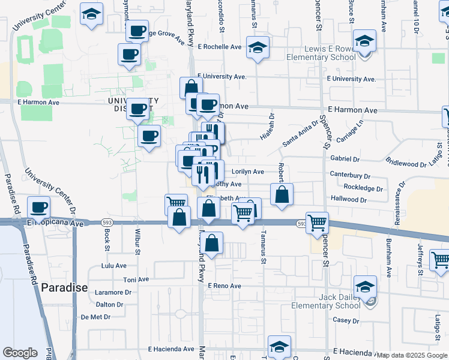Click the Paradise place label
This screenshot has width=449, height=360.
(x=64, y=287)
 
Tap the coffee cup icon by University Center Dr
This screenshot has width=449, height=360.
(x=40, y=208)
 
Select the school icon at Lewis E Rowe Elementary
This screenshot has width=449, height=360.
(x=364, y=42)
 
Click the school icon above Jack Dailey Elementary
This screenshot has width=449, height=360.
(x=364, y=287)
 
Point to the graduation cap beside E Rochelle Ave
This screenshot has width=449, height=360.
(x=257, y=47)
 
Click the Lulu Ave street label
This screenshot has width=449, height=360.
(x=114, y=265)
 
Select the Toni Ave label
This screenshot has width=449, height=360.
(x=136, y=280)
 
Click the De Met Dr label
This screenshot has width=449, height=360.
(x=97, y=316)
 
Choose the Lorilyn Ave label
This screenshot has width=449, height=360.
(x=247, y=172)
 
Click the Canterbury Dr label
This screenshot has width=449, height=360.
(x=351, y=175)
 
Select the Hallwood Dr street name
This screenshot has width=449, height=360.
(x=348, y=198)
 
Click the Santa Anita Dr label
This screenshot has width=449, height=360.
(x=299, y=139)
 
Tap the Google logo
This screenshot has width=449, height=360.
(x=20, y=353)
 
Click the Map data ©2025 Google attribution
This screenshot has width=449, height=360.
(x=412, y=355)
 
